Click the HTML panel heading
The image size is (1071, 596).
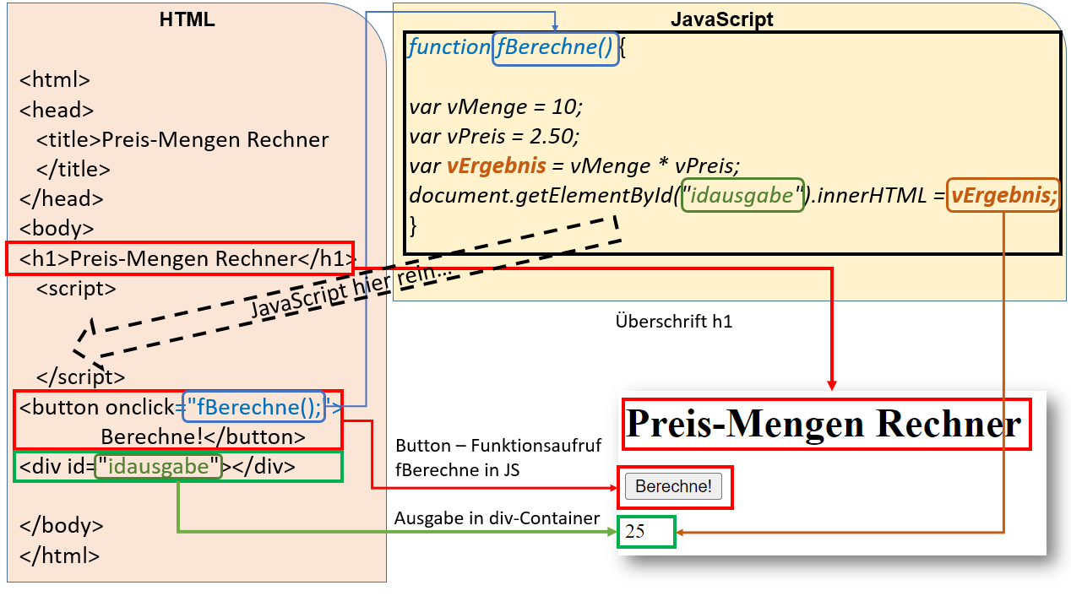pos(187,19)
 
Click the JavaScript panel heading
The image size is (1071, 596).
pos(721,19)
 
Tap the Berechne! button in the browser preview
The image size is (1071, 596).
pos(673,486)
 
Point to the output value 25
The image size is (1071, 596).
pos(635,531)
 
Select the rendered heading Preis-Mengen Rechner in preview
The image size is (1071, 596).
pos(824,424)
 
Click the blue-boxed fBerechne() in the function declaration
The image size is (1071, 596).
pos(555,47)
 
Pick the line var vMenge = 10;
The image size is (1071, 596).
pos(496,107)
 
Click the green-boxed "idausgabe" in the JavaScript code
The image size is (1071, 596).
pos(742,196)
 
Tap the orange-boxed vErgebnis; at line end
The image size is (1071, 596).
pos(1003,196)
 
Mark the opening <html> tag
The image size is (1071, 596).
pos(55,80)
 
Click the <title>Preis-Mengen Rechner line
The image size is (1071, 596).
pos(182,139)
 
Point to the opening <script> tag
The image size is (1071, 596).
pos(76,288)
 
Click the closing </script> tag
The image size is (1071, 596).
pos(80,377)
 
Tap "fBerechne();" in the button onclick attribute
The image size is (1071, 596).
pos(253,407)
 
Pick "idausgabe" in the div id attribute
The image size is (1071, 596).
pos(159,466)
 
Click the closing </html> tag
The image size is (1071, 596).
pos(59,555)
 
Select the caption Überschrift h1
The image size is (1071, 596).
pos(673,322)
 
